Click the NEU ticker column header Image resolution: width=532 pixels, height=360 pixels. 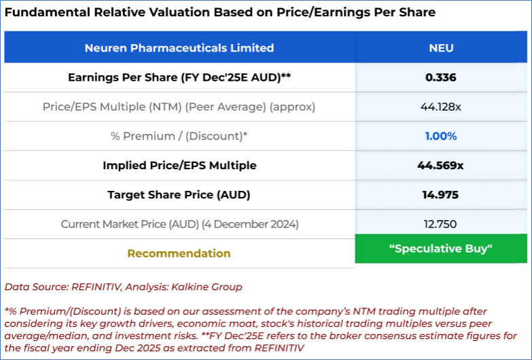441,48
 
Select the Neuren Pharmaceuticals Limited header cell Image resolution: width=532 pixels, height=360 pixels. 179,48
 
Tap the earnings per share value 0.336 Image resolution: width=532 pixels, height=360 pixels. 441,77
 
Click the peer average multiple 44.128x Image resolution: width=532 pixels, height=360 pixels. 441,107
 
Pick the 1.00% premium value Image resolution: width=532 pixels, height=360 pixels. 441,136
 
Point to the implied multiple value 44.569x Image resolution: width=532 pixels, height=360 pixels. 441,165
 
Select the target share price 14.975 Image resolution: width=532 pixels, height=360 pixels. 441,195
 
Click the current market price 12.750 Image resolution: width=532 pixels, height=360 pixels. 441,224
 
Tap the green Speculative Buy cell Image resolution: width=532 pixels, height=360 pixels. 441,249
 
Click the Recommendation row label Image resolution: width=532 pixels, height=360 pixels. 179,253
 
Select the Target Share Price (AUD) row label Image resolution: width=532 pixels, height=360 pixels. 179,195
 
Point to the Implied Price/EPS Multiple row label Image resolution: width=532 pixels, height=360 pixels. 179,165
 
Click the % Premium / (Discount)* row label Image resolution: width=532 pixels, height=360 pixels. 179,136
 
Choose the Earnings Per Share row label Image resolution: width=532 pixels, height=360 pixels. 179,77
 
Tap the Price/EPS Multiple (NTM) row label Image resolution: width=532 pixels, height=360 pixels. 179,107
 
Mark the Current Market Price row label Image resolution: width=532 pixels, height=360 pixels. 179,224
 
